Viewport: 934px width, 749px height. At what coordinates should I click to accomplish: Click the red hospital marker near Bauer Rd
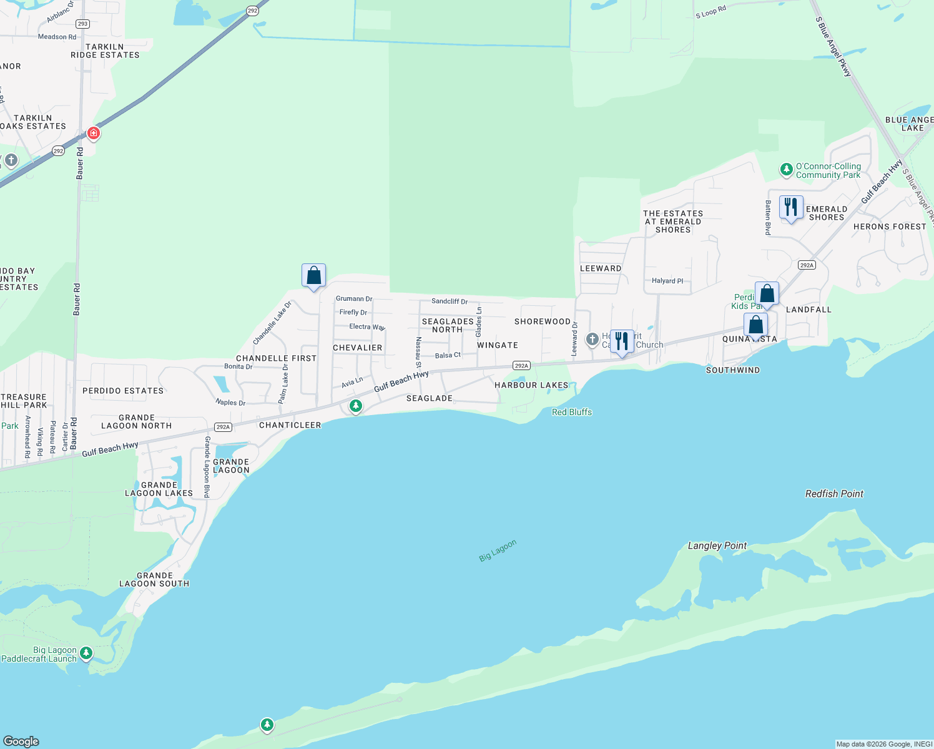[x=94, y=133]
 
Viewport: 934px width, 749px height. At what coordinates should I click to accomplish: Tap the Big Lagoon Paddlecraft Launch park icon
[x=86, y=654]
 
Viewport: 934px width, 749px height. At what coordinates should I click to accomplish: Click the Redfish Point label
[x=834, y=494]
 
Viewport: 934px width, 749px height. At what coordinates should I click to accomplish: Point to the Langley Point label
[x=717, y=546]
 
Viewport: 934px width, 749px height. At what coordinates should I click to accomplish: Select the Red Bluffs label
[x=572, y=412]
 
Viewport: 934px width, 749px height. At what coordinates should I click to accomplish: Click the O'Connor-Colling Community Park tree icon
[x=787, y=169]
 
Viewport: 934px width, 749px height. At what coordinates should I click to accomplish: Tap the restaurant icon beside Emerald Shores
[x=791, y=207]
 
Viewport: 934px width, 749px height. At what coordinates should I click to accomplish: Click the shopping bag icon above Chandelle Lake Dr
[x=313, y=275]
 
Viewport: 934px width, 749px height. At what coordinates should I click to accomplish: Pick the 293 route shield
[x=82, y=24]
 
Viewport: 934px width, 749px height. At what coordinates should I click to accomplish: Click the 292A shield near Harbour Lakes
[x=521, y=366]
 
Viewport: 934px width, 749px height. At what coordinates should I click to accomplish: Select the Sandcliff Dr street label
[x=450, y=301]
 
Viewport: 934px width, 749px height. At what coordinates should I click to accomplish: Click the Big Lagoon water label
[x=498, y=551]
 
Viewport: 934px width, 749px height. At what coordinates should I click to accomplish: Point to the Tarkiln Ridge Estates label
[x=105, y=51]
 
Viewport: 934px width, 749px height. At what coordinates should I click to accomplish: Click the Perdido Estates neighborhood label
[x=123, y=391]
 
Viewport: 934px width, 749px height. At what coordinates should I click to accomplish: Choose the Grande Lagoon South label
[x=154, y=580]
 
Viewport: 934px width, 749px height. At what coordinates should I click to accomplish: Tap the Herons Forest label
[x=890, y=227]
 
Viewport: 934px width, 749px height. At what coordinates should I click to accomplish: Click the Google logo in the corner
[x=21, y=741]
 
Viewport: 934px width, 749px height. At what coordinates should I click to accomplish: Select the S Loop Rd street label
[x=711, y=12]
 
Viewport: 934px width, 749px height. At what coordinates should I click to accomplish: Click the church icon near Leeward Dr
[x=592, y=340]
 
